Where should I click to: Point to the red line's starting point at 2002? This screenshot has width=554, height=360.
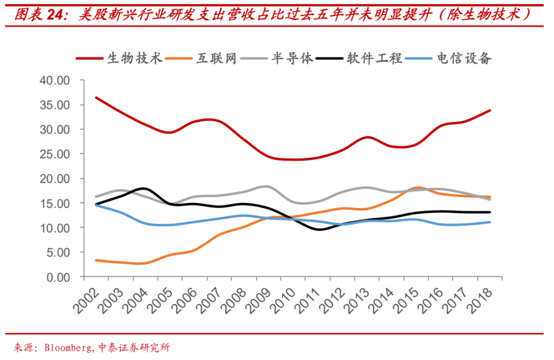point(96,97)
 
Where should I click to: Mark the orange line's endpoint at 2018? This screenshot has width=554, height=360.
point(490,197)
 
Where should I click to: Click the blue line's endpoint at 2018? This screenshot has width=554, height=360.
point(490,222)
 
